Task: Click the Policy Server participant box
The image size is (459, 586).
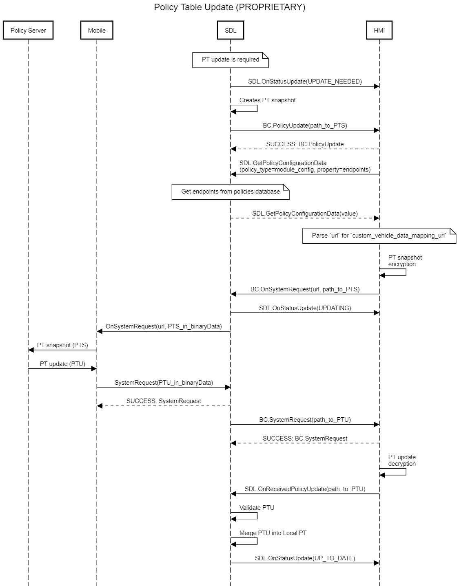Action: click(x=28, y=30)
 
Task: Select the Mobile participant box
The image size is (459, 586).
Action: click(x=97, y=30)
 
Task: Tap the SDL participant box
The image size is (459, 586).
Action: click(x=230, y=30)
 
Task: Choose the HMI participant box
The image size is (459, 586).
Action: click(x=379, y=30)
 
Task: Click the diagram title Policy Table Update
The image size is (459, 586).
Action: click(x=229, y=7)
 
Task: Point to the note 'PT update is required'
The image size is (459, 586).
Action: click(x=230, y=60)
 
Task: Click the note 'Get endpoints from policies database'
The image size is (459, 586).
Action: click(x=230, y=192)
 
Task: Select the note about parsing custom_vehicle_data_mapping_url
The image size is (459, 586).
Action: click(x=379, y=236)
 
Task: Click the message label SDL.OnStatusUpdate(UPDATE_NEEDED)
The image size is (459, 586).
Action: click(x=305, y=82)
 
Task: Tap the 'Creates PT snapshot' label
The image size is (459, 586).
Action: click(x=267, y=100)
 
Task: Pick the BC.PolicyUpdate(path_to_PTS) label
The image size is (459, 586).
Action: click(x=305, y=126)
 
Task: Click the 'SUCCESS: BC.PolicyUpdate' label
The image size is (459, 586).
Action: click(x=305, y=144)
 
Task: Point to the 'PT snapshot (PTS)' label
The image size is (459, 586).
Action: click(x=62, y=345)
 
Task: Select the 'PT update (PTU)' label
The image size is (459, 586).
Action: click(x=62, y=364)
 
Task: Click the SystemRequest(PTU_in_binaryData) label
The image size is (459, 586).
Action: click(x=164, y=383)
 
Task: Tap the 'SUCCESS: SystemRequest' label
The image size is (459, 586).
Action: click(x=164, y=401)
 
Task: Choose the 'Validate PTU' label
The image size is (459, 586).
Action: click(x=257, y=507)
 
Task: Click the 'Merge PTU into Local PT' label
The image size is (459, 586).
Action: click(x=273, y=533)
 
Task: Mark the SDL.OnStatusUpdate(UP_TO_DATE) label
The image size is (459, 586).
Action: click(x=305, y=558)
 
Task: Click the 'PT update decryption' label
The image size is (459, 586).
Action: click(x=402, y=460)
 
